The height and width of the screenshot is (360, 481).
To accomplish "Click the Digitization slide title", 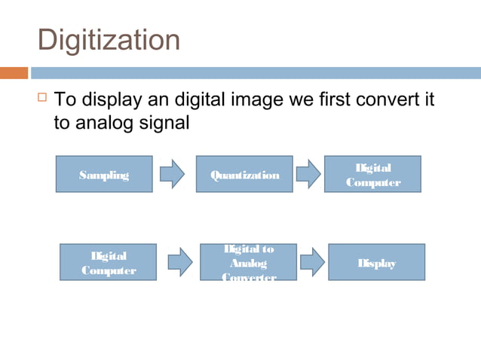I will click(109, 39).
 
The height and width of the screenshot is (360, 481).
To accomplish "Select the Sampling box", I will click(104, 175).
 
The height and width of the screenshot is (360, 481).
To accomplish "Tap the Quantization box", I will click(244, 175).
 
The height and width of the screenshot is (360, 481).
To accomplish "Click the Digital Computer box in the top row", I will click(372, 175).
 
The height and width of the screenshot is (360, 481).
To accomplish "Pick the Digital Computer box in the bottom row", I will click(109, 263).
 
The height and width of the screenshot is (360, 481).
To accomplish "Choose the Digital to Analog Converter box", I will click(248, 263).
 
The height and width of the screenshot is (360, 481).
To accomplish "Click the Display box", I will click(376, 263).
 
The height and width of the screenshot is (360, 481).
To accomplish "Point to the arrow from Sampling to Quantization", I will click(173, 174).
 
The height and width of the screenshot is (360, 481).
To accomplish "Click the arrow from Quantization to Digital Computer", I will click(308, 174).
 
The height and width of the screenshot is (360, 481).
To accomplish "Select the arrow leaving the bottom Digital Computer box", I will click(179, 263).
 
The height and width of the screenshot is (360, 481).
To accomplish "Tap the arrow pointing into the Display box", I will click(312, 263).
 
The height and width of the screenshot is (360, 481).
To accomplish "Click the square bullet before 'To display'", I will click(41, 98).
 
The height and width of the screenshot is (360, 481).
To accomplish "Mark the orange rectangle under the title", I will click(14, 73).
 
